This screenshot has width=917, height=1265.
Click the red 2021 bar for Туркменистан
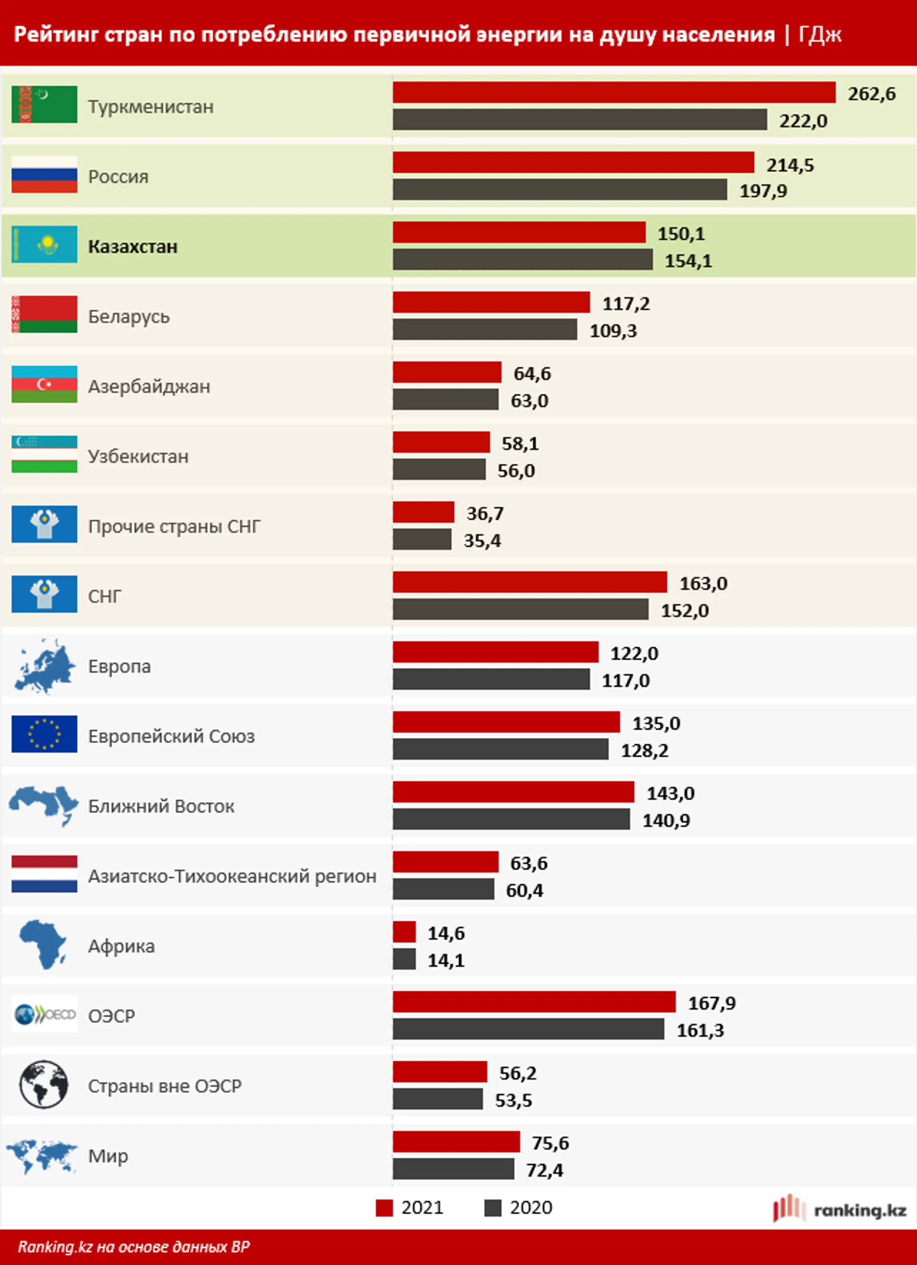pyautogui.click(x=614, y=93)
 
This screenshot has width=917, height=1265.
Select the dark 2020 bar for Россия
pyautogui.click(x=560, y=190)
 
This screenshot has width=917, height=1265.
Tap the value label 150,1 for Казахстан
pyautogui.click(x=681, y=234)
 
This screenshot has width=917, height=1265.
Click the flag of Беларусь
pyautogui.click(x=44, y=314)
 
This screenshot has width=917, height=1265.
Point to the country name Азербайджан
pyautogui.click(x=149, y=387)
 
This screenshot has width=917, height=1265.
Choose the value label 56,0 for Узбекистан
pyautogui.click(x=516, y=471)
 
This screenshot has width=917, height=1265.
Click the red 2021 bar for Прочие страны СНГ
pyautogui.click(x=423, y=512)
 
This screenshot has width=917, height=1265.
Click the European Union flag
pyautogui.click(x=44, y=734)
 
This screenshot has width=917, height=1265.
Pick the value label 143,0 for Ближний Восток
pyautogui.click(x=670, y=793)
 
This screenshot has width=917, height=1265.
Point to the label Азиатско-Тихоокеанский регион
pyautogui.click(x=232, y=876)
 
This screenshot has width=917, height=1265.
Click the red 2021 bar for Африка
pyautogui.click(x=404, y=932)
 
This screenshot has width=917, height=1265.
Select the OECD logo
pyautogui.click(x=44, y=1014)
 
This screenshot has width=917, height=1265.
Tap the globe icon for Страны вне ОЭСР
pyautogui.click(x=44, y=1084)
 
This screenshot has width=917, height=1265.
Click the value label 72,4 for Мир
pyautogui.click(x=544, y=1170)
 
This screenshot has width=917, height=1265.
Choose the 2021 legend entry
pyautogui.click(x=410, y=1208)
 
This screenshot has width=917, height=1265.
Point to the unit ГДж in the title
pyautogui.click(x=819, y=34)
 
